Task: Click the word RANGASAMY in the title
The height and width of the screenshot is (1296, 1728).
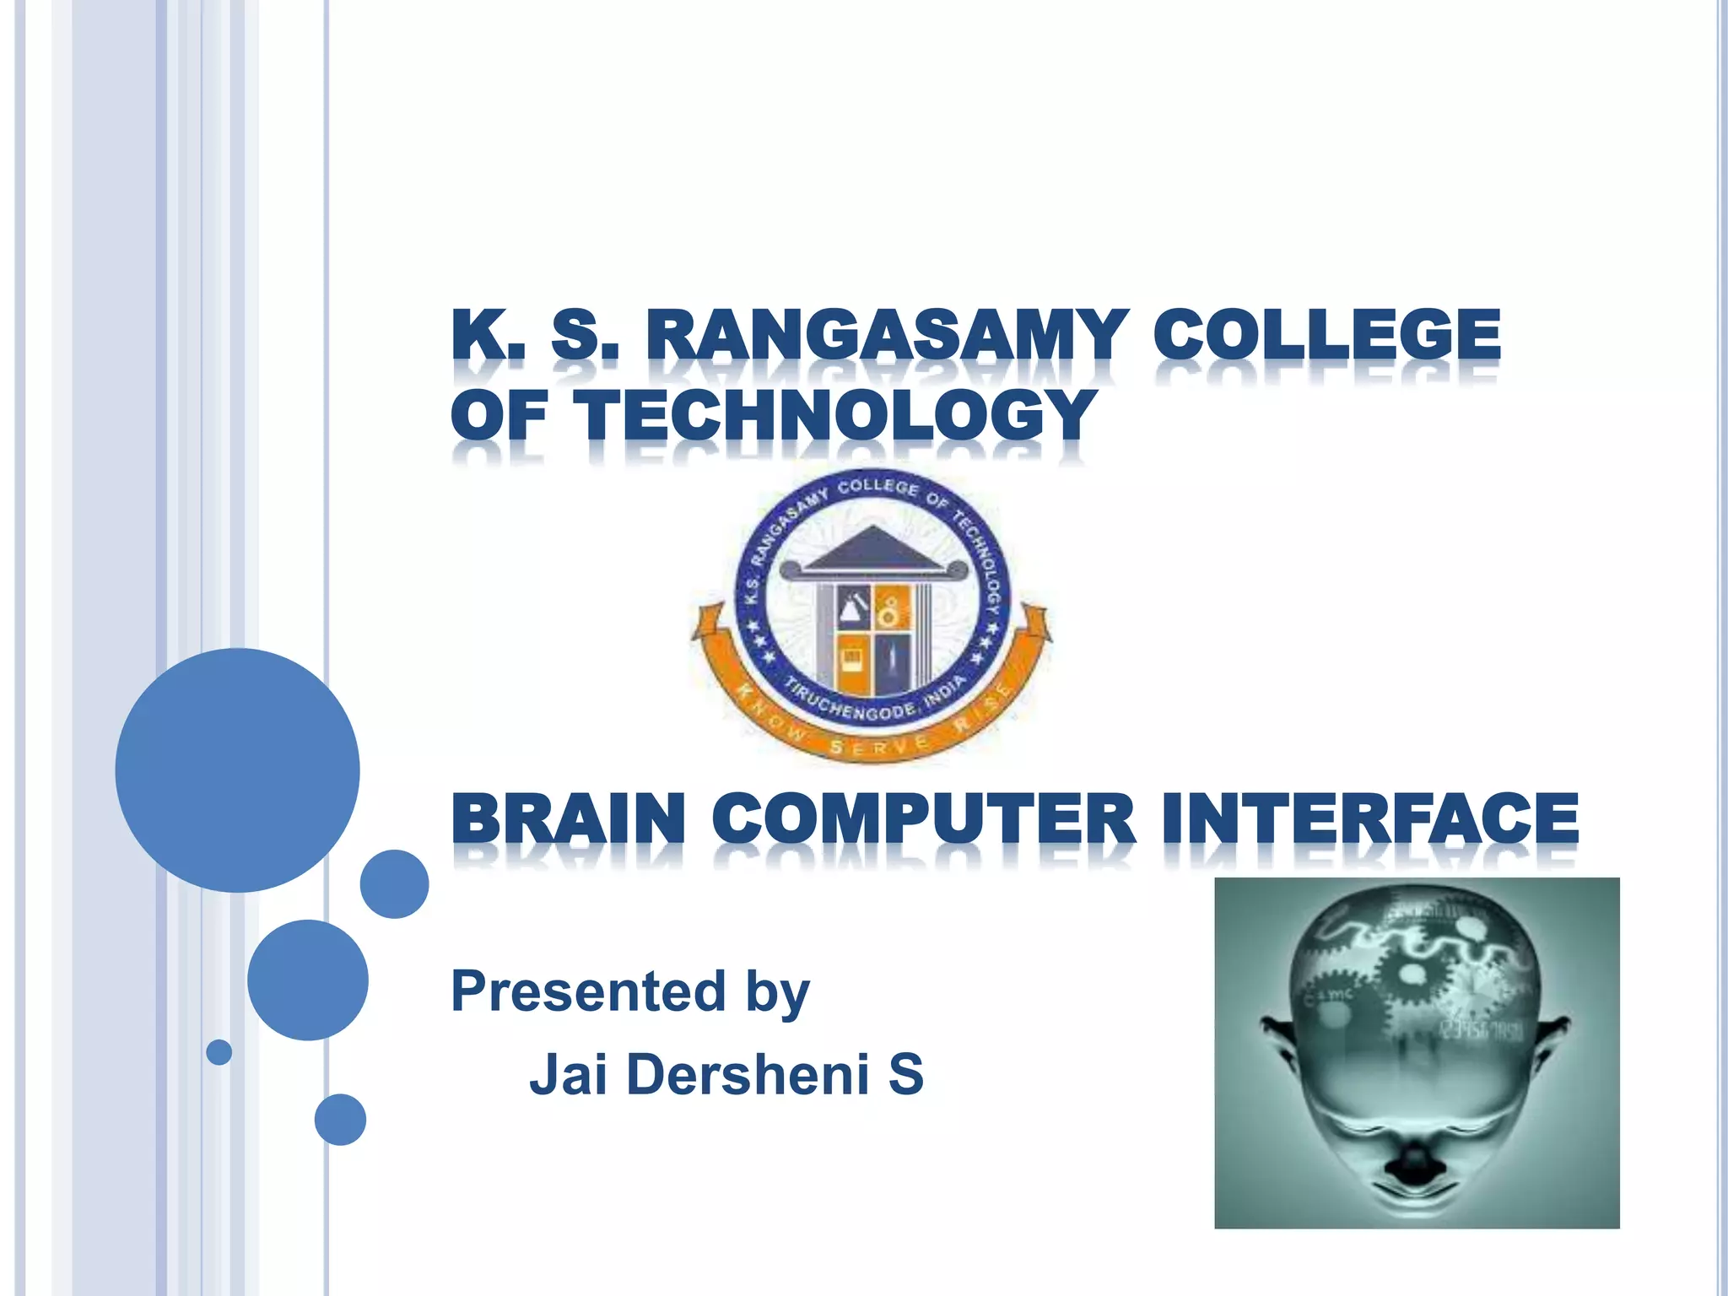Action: [x=886, y=336]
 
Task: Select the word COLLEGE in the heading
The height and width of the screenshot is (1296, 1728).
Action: [x=1327, y=336]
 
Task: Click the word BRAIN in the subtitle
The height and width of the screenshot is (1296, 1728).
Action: [x=568, y=818]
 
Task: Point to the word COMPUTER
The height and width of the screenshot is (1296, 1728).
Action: [x=925, y=818]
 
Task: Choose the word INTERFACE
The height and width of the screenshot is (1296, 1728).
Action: [x=1369, y=818]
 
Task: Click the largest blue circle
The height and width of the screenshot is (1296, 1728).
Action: [x=237, y=769]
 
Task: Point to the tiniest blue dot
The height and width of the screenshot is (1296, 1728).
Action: [x=219, y=1052]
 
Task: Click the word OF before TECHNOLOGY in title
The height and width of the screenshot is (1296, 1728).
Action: [x=499, y=415]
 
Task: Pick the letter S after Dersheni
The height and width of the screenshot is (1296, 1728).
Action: [x=905, y=1075]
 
